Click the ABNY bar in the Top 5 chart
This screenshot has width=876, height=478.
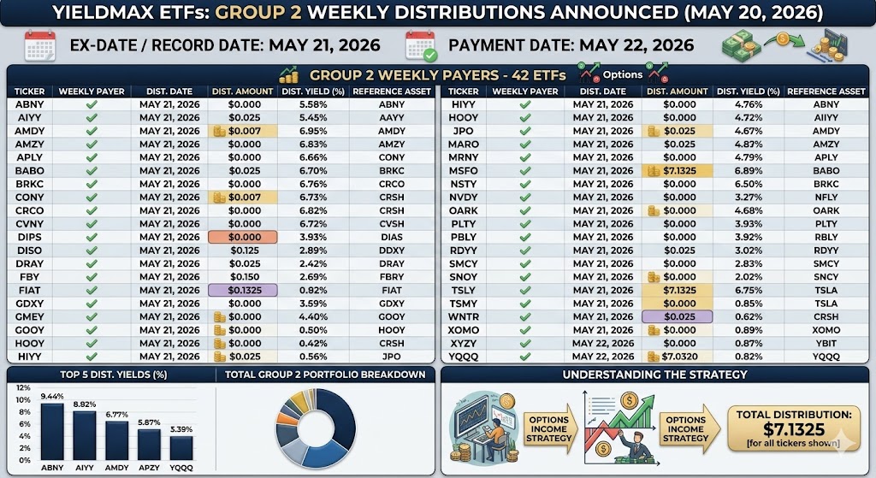point(52,432)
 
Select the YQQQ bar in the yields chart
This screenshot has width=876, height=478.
point(181,448)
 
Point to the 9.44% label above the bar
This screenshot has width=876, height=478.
point(52,397)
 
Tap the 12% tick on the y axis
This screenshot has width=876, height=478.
point(23,387)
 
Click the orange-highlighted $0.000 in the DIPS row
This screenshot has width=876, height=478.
point(242,238)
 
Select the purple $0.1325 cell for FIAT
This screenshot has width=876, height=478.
point(242,291)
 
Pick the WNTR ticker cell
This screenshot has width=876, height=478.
point(463,316)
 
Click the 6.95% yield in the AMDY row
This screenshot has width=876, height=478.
point(313,131)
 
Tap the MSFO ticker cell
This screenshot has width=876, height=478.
point(463,171)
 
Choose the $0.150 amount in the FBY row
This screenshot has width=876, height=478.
point(244,277)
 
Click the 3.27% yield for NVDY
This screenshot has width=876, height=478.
point(748,198)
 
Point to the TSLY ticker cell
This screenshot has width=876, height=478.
point(463,291)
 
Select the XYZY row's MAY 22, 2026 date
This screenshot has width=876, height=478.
point(603,344)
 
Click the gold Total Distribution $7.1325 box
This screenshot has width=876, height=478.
point(794,428)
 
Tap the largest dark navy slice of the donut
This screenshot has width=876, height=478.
point(339,420)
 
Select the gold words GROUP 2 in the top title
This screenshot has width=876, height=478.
point(258,12)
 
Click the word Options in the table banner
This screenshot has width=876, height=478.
point(623,75)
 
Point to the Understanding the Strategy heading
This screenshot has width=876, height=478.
point(654,375)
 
